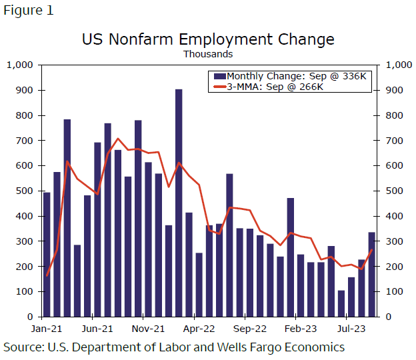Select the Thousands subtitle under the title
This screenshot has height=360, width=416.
click(x=207, y=54)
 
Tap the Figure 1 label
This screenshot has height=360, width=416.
click(x=28, y=11)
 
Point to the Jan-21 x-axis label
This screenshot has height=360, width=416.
click(x=47, y=328)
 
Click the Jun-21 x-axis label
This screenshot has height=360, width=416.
click(x=97, y=328)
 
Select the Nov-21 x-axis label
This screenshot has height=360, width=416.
click(x=148, y=328)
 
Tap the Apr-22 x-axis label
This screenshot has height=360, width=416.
click(x=199, y=328)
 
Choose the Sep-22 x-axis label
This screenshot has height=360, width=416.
click(x=249, y=328)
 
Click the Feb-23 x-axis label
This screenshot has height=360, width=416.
click(x=301, y=328)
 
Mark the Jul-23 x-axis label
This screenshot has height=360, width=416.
click(x=351, y=328)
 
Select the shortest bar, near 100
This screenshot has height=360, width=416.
click(x=341, y=303)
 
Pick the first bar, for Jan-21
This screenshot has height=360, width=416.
click(x=47, y=254)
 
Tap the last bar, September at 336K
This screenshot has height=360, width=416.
click(x=371, y=274)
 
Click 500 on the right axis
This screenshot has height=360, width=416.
click(x=390, y=191)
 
